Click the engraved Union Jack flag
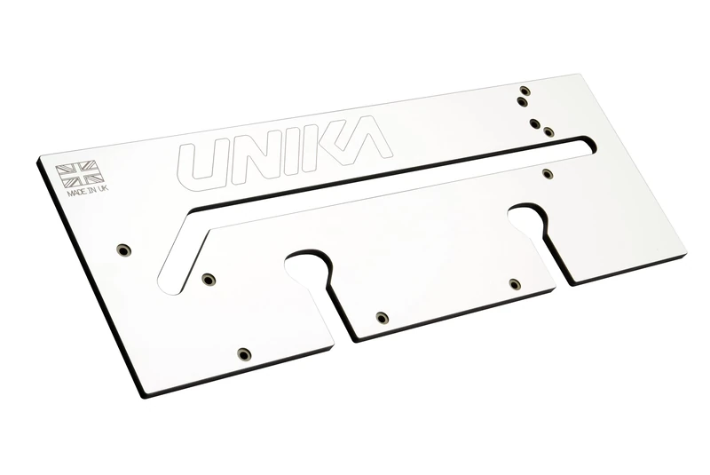pos(80,173)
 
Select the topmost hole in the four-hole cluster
pos(525,91)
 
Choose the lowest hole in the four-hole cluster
pos(548,132)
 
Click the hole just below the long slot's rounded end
pos(547,173)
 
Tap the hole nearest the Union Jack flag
pos(123,249)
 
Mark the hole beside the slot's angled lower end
pos(208,280)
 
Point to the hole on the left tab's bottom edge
pos(244,354)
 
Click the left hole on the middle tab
pos(382,318)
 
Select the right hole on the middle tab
pos(515,284)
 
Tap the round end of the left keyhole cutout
pos(307,265)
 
